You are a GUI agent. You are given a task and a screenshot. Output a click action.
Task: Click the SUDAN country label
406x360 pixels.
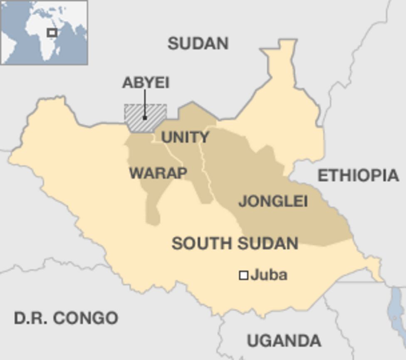pos(198,43)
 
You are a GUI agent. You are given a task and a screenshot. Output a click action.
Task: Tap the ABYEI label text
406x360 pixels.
pos(146,83)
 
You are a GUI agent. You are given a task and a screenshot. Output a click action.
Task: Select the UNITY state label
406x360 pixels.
pos(185,137)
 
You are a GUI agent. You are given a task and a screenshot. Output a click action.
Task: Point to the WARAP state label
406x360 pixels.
pos(158,173)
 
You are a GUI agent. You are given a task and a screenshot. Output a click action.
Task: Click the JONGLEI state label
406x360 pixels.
pos(273,202)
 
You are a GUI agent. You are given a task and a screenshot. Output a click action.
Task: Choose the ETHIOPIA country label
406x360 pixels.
pos(358,176)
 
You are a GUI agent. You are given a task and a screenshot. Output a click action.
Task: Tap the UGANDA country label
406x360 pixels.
pos(284,341)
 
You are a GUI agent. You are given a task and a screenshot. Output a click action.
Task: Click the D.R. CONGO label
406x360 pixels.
pos(66,318)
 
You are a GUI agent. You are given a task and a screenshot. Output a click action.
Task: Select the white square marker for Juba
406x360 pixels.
pos(244,275)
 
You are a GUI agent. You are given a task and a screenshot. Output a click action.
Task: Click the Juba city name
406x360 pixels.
pos(269,275)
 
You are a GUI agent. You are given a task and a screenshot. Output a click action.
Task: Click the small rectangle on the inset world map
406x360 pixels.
pos(52,32)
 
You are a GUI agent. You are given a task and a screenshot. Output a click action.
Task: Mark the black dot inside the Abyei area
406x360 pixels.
pos(145,118)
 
